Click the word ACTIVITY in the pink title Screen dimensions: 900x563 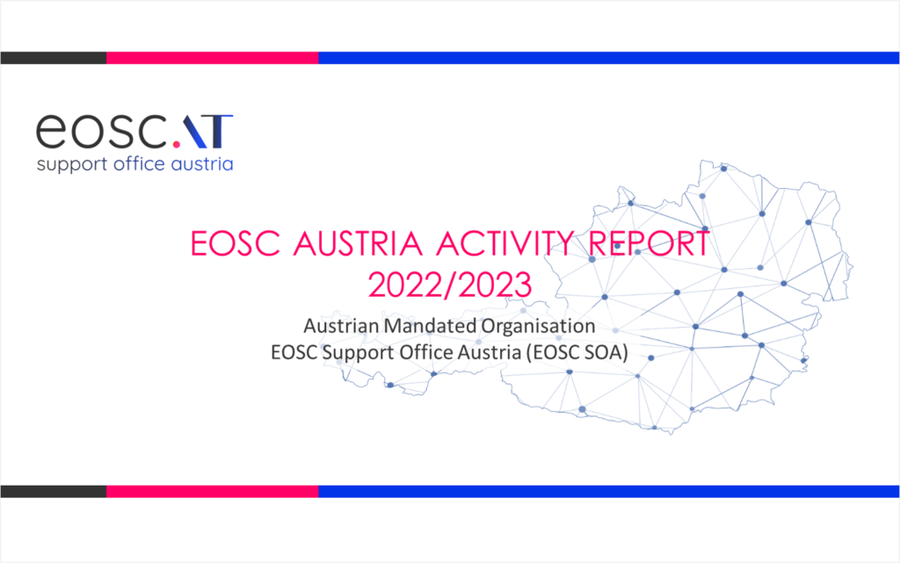pyautogui.click(x=505, y=243)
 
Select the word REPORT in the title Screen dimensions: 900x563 pyautogui.click(x=650, y=243)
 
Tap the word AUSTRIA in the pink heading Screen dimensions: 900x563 pyautogui.click(x=358, y=243)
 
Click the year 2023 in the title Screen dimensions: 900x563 pyautogui.click(x=494, y=285)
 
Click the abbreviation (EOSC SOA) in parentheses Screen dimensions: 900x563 pyautogui.click(x=577, y=352)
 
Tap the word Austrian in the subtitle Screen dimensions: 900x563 pyautogui.click(x=341, y=326)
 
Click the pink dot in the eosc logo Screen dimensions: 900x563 pyautogui.click(x=177, y=144)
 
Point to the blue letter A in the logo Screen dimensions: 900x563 pyautogui.click(x=194, y=131)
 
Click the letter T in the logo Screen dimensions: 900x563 pyautogui.click(x=219, y=131)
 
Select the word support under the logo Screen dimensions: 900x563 pyautogui.click(x=72, y=165)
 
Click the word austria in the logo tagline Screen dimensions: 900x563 pyautogui.click(x=202, y=164)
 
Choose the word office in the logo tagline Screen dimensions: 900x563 pyautogui.click(x=140, y=163)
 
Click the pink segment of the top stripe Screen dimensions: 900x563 pyautogui.click(x=213, y=58)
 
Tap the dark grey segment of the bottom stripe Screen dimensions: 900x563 pyautogui.click(x=54, y=491)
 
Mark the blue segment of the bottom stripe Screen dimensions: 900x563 pyautogui.click(x=609, y=491)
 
